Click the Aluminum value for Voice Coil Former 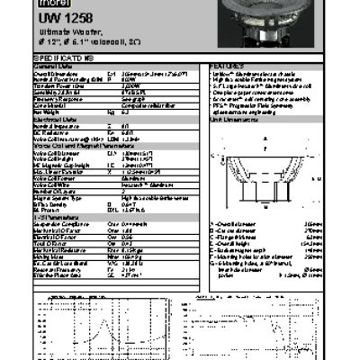(157, 178)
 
